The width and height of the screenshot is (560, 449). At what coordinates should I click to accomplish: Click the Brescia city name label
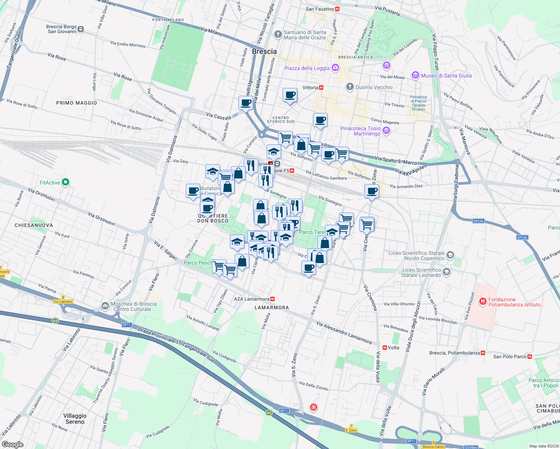[x=264, y=52]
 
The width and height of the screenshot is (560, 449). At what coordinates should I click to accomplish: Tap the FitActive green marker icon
[x=66, y=182]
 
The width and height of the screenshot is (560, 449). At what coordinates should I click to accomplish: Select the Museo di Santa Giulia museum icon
[x=415, y=76]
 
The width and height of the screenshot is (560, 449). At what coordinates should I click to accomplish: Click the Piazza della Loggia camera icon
[x=335, y=68]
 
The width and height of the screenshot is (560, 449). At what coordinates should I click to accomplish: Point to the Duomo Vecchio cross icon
[x=350, y=87]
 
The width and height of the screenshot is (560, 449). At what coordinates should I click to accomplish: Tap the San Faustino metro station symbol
[x=337, y=9]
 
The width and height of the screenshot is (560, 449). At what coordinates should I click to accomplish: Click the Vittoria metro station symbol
[x=321, y=88]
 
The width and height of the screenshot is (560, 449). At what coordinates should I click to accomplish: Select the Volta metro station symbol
[x=384, y=348]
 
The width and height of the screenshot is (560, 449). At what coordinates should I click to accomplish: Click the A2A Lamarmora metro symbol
[x=273, y=299]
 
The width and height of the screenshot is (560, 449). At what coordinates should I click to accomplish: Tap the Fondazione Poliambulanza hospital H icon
[x=483, y=301]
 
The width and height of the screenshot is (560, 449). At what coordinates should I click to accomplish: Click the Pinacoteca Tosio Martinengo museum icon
[x=386, y=131]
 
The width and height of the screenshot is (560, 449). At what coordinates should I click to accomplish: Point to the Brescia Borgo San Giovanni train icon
[x=81, y=29]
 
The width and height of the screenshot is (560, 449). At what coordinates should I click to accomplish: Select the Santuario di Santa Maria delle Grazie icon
[x=278, y=34]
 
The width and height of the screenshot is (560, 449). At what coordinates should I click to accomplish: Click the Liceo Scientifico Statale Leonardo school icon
[x=446, y=272]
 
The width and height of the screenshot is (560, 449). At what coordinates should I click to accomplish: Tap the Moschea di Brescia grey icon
[x=105, y=306]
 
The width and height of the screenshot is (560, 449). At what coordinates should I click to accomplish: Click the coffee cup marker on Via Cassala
[x=246, y=103]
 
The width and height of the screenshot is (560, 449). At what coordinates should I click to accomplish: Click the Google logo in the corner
[x=13, y=444]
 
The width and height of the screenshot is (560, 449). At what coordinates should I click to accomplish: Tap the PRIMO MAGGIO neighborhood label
[x=76, y=103]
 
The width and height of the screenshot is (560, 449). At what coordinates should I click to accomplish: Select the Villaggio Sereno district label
[x=75, y=419]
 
